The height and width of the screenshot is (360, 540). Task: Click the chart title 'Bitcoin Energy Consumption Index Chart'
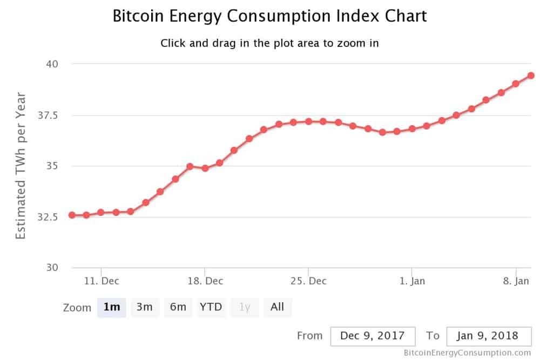[269, 16]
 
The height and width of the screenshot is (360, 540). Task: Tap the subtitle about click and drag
[269, 43]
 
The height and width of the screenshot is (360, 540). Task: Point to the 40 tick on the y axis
[52, 64]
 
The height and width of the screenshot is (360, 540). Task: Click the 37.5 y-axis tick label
[48, 116]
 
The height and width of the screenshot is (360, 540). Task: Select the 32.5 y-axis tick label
[48, 217]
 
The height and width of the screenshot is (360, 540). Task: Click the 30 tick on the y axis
[52, 267]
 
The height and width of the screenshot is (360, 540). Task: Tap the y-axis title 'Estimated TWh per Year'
[21, 166]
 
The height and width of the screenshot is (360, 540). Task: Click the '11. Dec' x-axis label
[102, 281]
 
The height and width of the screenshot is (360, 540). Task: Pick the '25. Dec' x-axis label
[308, 281]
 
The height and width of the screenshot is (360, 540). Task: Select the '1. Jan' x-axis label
[412, 281]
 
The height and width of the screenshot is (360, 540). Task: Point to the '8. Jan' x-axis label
[516, 281]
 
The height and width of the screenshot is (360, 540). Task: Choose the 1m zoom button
[112, 307]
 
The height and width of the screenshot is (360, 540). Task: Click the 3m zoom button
[145, 307]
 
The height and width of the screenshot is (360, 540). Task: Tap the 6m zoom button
[178, 307]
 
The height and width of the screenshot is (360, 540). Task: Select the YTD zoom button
[211, 307]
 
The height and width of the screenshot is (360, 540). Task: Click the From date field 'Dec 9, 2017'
[373, 336]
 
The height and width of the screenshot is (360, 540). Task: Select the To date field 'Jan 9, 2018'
[489, 336]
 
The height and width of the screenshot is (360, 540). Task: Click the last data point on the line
[531, 76]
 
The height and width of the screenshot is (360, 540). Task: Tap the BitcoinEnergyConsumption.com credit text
[467, 353]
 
